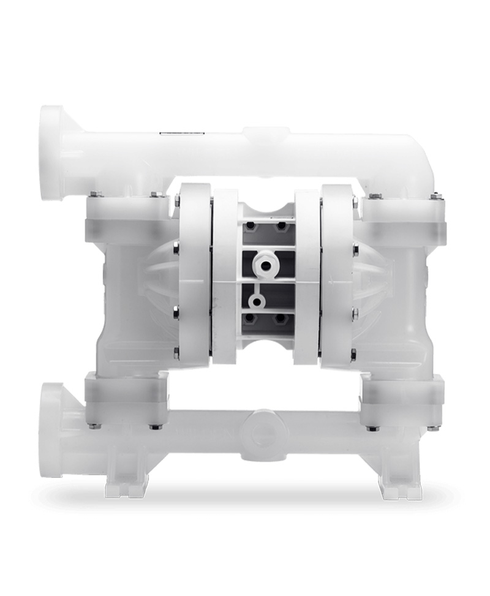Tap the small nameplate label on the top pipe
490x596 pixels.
click(x=174, y=132)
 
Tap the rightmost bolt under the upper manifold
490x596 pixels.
click(x=436, y=196)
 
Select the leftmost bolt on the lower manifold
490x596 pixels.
click(x=92, y=426)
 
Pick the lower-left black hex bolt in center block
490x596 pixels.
click(x=251, y=319)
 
